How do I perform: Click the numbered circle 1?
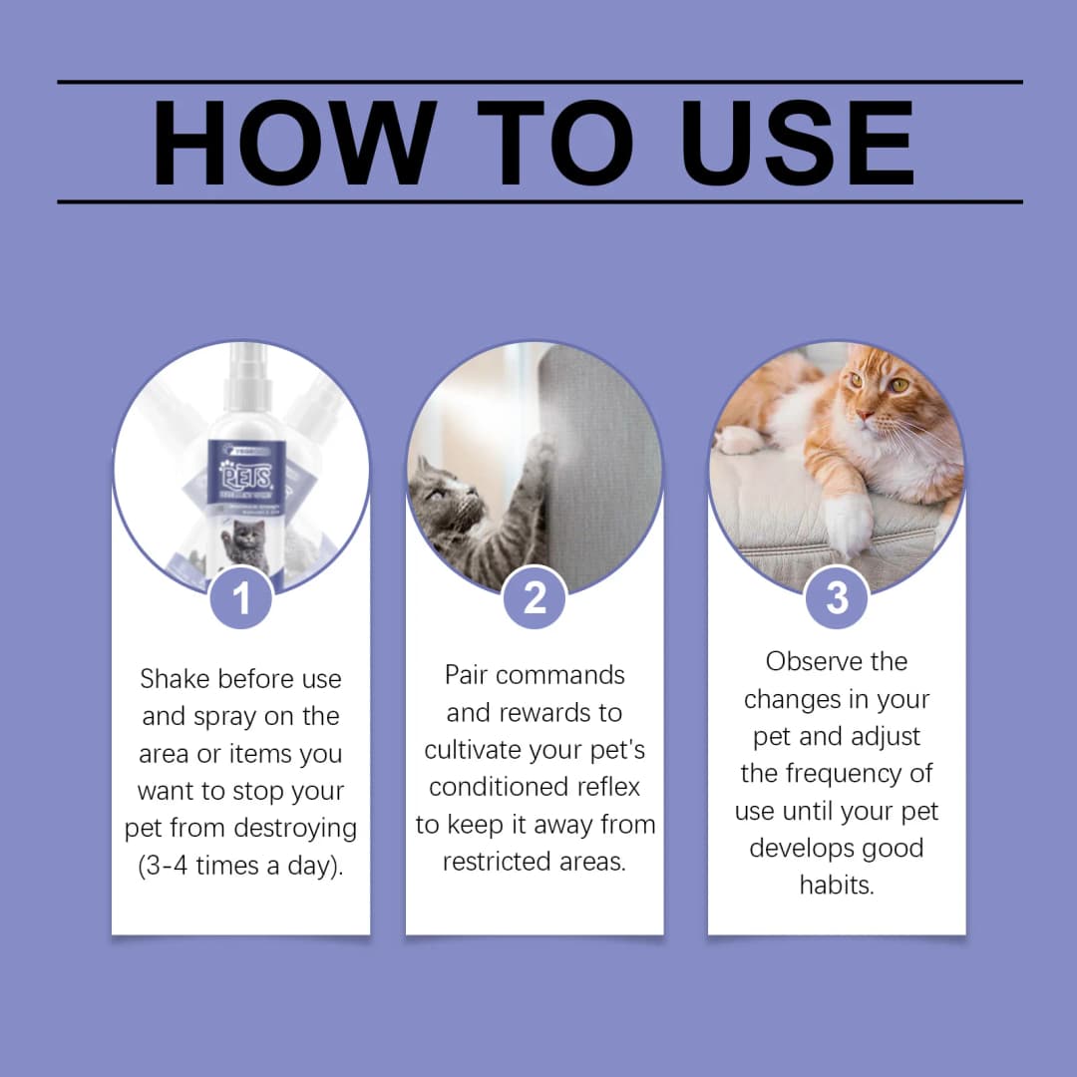[x=241, y=598]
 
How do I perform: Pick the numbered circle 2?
[x=536, y=598]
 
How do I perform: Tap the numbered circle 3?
[x=837, y=598]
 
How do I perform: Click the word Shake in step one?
[x=176, y=679]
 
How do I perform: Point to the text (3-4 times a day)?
[x=240, y=866]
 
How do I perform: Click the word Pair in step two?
[x=467, y=675]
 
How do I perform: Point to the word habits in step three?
[x=837, y=885]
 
